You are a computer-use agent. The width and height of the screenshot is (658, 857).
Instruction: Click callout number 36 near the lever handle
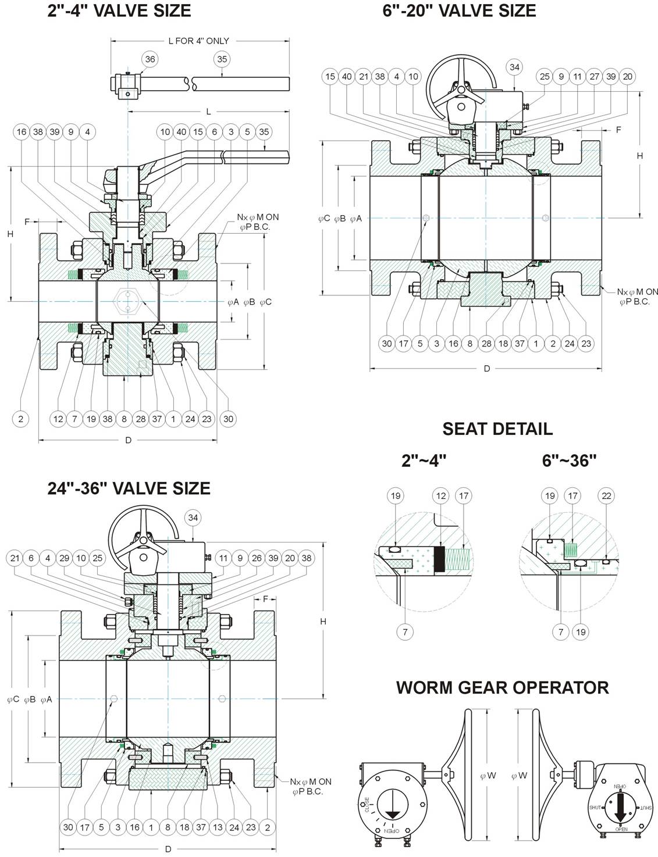(150, 59)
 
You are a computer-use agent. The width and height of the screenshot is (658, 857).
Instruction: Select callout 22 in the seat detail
(606, 496)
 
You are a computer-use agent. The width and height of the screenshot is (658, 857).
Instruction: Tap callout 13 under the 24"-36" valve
(218, 827)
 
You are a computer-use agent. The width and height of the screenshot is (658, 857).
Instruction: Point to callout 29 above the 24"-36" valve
(65, 558)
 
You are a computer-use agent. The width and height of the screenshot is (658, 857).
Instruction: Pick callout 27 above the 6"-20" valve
(595, 77)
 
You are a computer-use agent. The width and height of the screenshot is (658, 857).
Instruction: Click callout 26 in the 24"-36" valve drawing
(257, 558)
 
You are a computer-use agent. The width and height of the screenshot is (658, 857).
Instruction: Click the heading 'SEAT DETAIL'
(497, 429)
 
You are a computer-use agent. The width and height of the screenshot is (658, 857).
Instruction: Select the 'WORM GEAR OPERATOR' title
(503, 688)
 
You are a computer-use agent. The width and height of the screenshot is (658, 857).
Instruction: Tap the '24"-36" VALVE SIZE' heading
(129, 488)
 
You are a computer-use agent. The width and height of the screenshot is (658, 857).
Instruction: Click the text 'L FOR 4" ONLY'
(199, 41)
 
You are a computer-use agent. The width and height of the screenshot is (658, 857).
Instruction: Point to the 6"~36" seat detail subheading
(569, 460)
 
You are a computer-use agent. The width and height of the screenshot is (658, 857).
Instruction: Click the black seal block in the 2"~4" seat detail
(439, 559)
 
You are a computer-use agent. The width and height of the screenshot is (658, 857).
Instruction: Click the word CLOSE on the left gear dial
(366, 805)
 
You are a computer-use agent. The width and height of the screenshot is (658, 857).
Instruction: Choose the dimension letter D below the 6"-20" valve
(487, 369)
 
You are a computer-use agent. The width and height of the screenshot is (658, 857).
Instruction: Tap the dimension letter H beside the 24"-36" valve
(323, 622)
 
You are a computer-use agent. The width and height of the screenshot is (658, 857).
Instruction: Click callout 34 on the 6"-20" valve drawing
(514, 67)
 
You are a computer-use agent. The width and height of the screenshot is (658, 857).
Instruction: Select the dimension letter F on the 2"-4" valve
(27, 222)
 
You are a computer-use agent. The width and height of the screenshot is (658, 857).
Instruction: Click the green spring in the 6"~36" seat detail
(571, 551)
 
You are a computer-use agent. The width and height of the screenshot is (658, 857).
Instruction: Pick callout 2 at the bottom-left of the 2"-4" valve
(20, 419)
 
